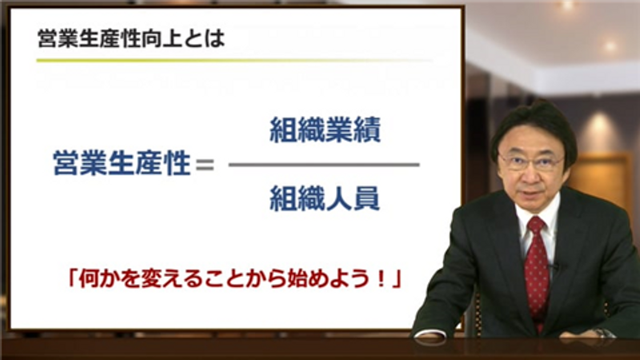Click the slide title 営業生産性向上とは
(131, 39)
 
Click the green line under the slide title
(234, 61)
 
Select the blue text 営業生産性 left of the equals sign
(122, 163)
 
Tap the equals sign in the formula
(205, 164)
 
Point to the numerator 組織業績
(325, 130)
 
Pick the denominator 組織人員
(325, 198)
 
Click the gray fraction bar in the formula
(324, 165)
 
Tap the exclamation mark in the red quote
(382, 279)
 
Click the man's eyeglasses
(531, 162)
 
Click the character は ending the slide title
(215, 39)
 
